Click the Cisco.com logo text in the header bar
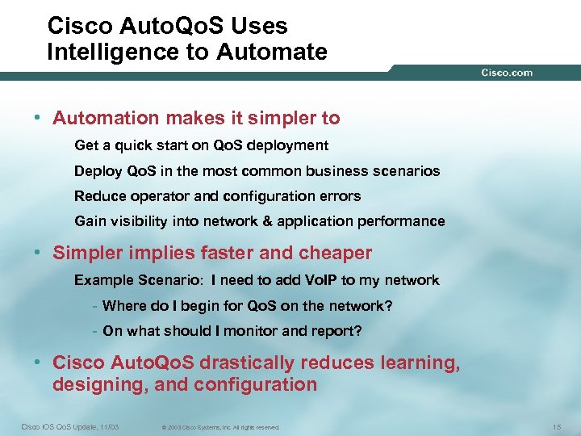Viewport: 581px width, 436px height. (507, 73)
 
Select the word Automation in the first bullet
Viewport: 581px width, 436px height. (107, 118)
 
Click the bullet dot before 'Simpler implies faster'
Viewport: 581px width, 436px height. (38, 253)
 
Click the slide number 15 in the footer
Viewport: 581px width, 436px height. (557, 426)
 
